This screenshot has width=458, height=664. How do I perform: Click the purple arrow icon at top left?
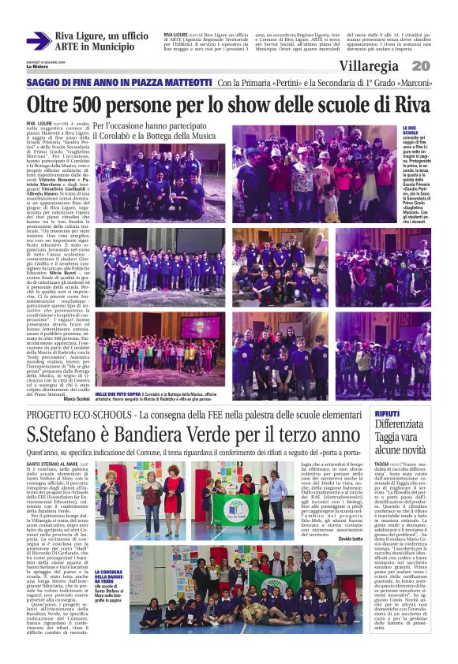coord(37,40)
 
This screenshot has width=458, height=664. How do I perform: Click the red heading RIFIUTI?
coord(387,414)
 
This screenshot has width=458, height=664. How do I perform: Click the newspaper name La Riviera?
coord(35,66)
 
